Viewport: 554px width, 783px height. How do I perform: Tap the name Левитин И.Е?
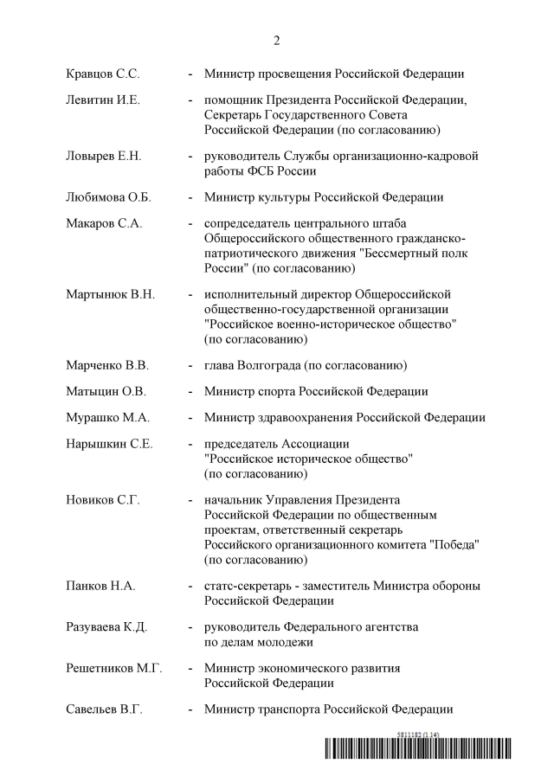click(103, 99)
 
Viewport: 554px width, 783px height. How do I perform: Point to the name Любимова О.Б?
click(108, 197)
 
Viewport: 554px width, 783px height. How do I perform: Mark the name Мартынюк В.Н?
click(110, 294)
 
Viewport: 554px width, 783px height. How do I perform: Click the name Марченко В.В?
click(107, 364)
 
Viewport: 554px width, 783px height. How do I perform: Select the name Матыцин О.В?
click(106, 392)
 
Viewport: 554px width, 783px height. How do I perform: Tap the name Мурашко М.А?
click(107, 417)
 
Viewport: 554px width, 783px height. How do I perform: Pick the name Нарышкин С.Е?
click(109, 444)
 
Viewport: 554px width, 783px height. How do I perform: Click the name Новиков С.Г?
click(102, 500)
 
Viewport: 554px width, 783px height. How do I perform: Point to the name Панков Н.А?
click(100, 586)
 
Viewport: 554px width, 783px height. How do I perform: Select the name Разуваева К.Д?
click(108, 626)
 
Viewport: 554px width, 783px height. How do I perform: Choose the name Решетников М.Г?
click(113, 668)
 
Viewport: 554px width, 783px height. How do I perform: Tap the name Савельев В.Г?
click(104, 710)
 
